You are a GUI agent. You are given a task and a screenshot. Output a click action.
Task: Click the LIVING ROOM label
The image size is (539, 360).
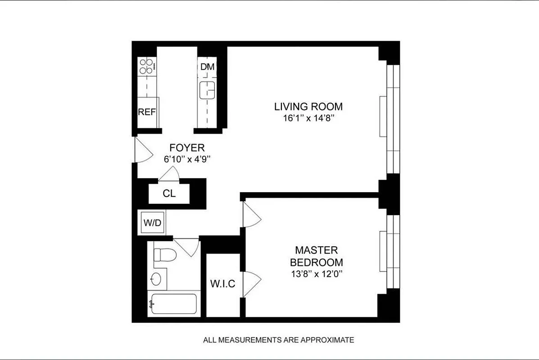(x=308, y=107)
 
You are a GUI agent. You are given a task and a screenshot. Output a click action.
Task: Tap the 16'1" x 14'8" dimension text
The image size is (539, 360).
(x=308, y=118)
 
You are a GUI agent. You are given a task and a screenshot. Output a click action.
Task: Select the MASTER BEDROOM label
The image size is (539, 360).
(x=316, y=256)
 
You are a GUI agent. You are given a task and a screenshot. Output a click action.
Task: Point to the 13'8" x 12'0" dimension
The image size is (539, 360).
(x=316, y=274)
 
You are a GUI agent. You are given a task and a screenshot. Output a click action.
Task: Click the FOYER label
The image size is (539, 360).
(x=187, y=148)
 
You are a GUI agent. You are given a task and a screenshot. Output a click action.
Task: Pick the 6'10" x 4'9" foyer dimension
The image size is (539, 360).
(x=187, y=159)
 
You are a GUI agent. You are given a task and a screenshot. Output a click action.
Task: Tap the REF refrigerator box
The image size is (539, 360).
(x=147, y=112)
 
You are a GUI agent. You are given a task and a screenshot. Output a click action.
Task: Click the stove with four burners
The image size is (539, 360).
(x=147, y=67)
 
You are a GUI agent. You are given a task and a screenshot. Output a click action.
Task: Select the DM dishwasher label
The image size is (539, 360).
(x=208, y=67)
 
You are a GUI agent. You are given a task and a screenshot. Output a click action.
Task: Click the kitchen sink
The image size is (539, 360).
(x=208, y=90)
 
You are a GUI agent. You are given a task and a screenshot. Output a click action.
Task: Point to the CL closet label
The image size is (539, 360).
(x=169, y=194)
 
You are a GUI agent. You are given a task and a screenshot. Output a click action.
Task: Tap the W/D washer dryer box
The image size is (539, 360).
(x=152, y=222)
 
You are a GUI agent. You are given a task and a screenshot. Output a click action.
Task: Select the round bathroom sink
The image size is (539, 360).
(x=156, y=279)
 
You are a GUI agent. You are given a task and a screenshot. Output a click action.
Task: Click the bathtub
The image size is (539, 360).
(x=173, y=304)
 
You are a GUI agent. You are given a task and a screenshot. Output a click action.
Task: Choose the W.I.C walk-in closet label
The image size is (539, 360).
(x=223, y=284)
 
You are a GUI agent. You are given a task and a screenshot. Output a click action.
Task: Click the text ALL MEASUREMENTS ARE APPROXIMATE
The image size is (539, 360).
(x=278, y=340)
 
